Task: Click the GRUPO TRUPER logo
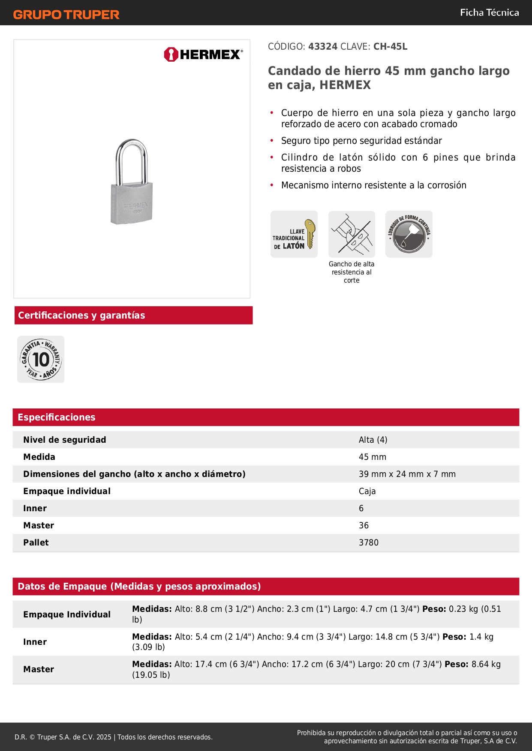pyautogui.click(x=66, y=15)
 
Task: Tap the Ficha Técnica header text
pyautogui.click(x=489, y=13)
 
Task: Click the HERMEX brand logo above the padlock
pyautogui.click(x=203, y=54)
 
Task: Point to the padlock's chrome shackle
pyautogui.click(x=132, y=158)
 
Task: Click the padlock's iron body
pyautogui.click(x=132, y=203)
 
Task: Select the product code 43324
pyautogui.click(x=323, y=47)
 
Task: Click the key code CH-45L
pyautogui.click(x=390, y=47)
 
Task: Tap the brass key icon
pyautogui.click(x=310, y=234)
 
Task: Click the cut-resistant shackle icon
pyautogui.click(x=352, y=234)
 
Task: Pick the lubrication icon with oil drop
pyautogui.click(x=409, y=234)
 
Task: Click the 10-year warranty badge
pyautogui.click(x=41, y=359)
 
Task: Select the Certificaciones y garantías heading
pyautogui.click(x=81, y=316)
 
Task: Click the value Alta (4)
pyautogui.click(x=373, y=440)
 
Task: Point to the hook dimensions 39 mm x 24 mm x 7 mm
pyautogui.click(x=407, y=474)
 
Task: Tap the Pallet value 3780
pyautogui.click(x=369, y=542)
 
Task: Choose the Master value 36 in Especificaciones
pyautogui.click(x=364, y=525)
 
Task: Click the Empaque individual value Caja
pyautogui.click(x=367, y=491)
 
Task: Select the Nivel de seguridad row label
pyautogui.click(x=65, y=440)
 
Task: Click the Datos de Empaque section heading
pyautogui.click(x=139, y=587)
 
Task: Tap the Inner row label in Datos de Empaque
pyautogui.click(x=35, y=642)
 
